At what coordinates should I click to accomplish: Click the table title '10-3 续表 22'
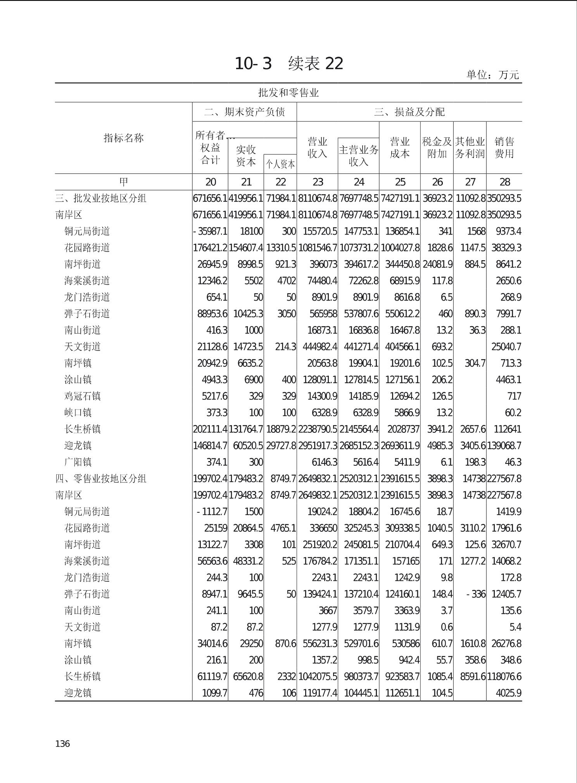coord(289,64)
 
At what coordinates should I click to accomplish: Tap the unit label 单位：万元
coord(492,75)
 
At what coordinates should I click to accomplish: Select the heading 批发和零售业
coord(288,93)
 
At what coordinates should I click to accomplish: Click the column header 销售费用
coord(504,148)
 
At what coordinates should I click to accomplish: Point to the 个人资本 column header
coord(280,164)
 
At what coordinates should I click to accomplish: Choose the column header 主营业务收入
coord(358,156)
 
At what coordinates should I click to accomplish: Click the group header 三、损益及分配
coord(409,112)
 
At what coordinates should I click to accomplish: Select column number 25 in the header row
coord(400,182)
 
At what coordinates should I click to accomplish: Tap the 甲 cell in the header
coord(123,182)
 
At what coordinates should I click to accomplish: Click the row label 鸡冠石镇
coord(82,396)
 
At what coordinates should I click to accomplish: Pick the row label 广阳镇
coord(78,462)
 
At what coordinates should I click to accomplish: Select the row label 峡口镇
coord(78,413)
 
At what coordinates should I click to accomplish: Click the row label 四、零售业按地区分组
coord(101,479)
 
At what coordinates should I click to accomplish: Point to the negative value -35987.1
coord(210,232)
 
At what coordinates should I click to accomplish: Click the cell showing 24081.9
coord(437,264)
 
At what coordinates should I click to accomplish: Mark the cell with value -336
coord(476,594)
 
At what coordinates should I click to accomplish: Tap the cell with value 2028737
coord(403,429)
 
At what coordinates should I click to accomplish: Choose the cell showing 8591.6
coord(473,677)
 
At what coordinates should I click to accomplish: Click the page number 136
coord(62,743)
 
